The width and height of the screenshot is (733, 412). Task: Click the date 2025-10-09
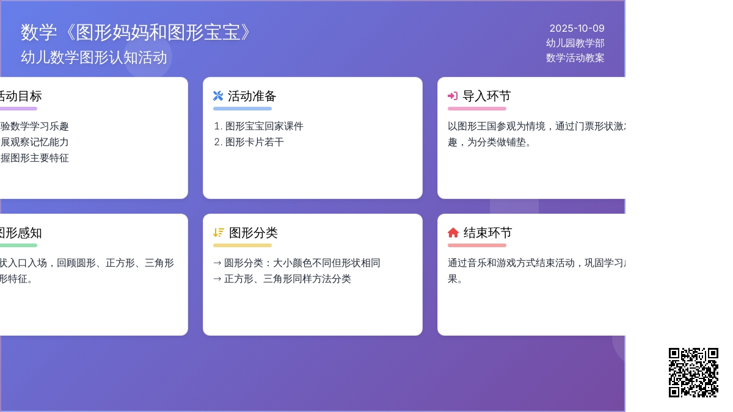click(x=577, y=28)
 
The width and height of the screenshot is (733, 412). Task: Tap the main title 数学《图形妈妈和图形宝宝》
click(x=136, y=32)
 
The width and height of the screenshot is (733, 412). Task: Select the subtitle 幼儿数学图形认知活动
click(x=94, y=57)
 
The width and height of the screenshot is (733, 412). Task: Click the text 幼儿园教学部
click(x=575, y=43)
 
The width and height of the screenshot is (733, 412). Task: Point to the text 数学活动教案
click(x=575, y=57)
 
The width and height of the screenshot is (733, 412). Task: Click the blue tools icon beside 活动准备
click(x=218, y=96)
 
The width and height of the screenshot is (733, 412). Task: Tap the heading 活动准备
click(x=252, y=96)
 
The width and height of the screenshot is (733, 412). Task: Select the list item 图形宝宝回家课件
click(x=264, y=126)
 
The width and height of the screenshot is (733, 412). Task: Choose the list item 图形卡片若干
click(x=254, y=142)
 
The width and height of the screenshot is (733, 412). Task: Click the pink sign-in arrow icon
click(x=453, y=96)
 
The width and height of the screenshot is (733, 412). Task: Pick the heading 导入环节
click(x=486, y=96)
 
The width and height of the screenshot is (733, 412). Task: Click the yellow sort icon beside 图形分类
click(x=219, y=233)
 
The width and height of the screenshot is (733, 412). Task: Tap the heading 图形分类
click(x=253, y=233)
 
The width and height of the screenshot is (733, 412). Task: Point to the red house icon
click(x=453, y=233)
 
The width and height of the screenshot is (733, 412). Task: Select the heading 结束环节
click(x=487, y=233)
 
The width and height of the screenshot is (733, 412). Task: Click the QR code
click(x=693, y=372)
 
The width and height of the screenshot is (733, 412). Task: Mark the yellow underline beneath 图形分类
click(x=242, y=245)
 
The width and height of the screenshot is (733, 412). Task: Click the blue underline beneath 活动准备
click(x=242, y=109)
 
